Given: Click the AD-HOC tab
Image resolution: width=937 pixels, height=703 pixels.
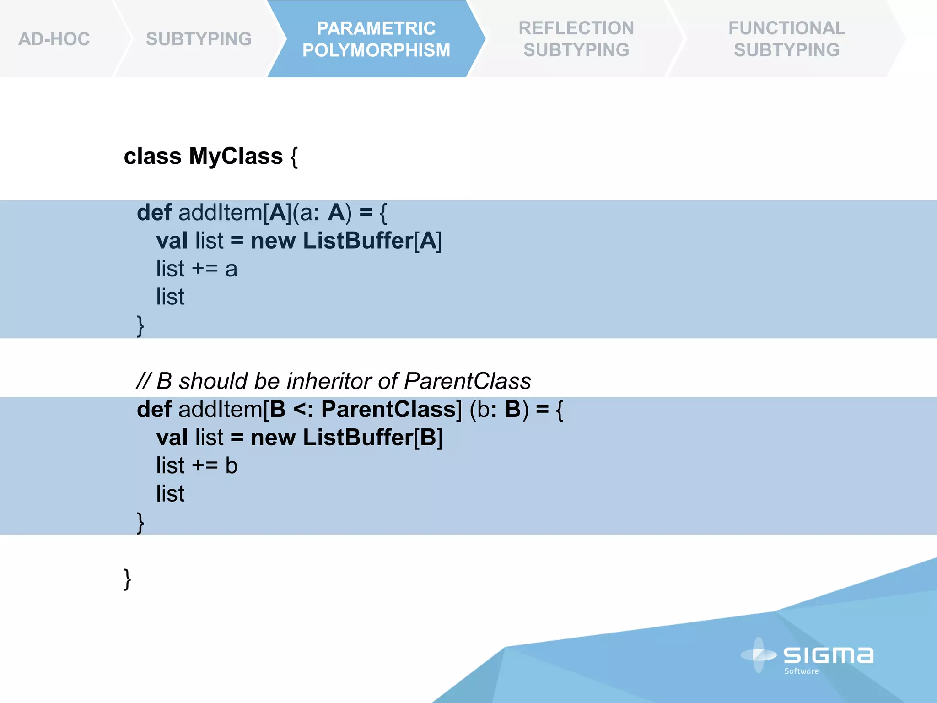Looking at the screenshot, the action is coord(54,39).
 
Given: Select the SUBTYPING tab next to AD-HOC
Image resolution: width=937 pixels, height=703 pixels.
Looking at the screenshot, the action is coord(199,39).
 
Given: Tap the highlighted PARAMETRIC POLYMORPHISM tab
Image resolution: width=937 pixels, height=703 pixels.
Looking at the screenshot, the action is coord(376,39).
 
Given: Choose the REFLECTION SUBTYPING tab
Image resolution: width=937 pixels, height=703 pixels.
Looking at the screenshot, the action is coord(576,39).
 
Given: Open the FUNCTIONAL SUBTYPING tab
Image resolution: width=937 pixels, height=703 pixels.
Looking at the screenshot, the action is coord(786,39).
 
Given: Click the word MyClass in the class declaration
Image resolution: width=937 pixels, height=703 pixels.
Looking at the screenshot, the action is coord(236,157).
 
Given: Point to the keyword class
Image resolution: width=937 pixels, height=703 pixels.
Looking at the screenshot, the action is coord(152,157).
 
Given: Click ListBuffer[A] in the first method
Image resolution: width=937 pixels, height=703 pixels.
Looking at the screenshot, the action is coord(372,241).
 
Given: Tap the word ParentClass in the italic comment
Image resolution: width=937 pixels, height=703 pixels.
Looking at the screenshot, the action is coord(467,381).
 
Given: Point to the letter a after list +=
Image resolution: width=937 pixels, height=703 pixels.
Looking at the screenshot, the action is coord(231,269).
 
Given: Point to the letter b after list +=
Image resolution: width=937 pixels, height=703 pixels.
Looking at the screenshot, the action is coord(232,466).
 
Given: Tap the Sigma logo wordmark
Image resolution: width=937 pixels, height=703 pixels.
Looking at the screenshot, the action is coord(828,655).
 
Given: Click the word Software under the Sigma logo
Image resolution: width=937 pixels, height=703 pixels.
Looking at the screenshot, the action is coord(801,671).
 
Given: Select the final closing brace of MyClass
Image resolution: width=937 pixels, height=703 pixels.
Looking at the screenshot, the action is coord(127,579).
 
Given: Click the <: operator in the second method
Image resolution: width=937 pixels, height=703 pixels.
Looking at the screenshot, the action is coord(303,409).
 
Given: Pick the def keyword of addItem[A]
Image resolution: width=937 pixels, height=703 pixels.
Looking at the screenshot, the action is coord(154,213).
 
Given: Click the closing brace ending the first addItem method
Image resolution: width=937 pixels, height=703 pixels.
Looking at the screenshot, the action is coord(140,325).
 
